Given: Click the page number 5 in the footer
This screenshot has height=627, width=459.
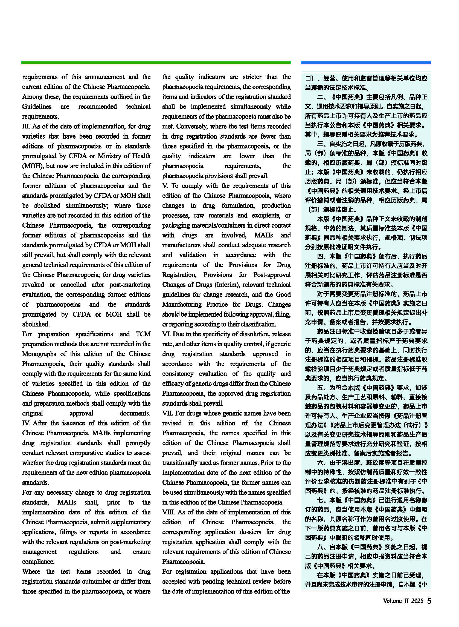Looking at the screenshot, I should tap(429, 601).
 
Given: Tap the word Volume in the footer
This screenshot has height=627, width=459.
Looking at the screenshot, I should tap(392, 601).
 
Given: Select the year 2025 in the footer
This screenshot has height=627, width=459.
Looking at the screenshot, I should tap(417, 601).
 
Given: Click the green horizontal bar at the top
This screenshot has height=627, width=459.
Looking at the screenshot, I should tap(156, 63).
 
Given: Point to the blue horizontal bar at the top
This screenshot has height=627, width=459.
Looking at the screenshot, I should tap(366, 63).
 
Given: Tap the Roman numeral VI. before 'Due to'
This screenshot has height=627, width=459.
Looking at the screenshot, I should tap(166, 334).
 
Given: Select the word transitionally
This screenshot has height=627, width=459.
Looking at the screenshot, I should tap(182, 463).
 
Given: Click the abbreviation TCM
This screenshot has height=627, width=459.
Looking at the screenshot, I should tap(143, 334).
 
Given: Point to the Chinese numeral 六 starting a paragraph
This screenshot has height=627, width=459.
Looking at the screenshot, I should tap(320, 463).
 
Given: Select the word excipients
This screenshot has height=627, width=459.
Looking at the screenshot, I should tap(267, 215).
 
